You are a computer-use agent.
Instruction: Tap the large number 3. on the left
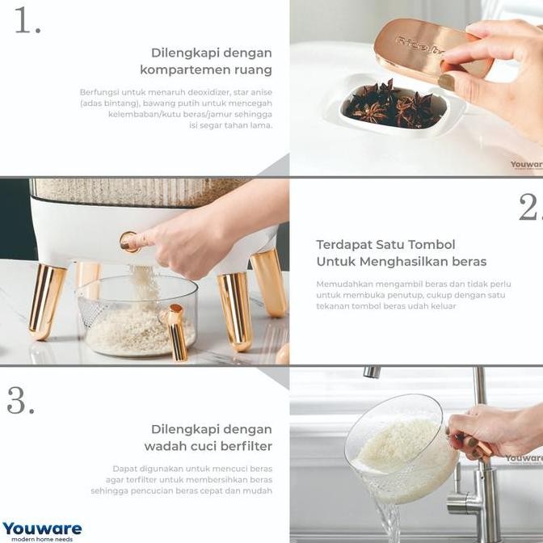click(x=20, y=400)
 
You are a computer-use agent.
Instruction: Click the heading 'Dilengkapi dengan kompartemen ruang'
click(x=211, y=61)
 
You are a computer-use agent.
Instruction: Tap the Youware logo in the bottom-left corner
click(x=42, y=530)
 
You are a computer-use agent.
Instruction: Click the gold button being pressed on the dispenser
click(x=129, y=242)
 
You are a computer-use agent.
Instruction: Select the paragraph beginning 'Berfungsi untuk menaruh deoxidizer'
click(x=176, y=108)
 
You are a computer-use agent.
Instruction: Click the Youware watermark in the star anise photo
click(x=526, y=165)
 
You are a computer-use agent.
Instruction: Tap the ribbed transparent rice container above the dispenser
click(x=137, y=191)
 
